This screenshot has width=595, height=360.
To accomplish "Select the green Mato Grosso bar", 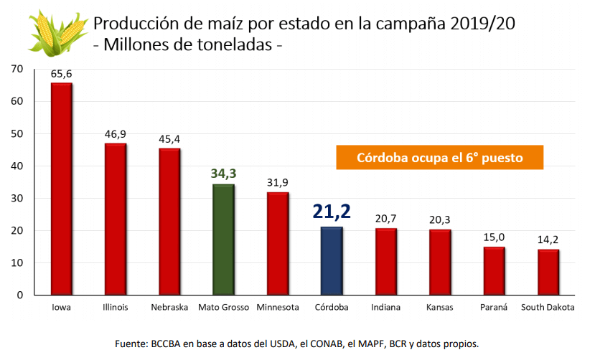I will [223, 240].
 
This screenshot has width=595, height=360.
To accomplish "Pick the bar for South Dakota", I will [548, 272].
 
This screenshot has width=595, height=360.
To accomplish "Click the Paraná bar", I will [495, 270].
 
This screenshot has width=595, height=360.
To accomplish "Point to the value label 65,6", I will [61, 74].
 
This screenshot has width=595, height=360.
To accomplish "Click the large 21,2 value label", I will [332, 212].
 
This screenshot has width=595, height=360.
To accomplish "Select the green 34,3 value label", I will [223, 174].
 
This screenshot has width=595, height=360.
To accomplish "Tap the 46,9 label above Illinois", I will [116, 134].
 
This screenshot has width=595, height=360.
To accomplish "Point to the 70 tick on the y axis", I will [19, 69].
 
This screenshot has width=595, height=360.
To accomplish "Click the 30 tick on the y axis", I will [19, 199].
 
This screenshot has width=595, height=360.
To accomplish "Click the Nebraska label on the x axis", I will [169, 308].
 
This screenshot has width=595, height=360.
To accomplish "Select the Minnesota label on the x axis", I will [278, 308].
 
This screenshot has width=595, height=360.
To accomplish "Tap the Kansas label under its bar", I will [440, 308].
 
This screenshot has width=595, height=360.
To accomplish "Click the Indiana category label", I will [386, 308].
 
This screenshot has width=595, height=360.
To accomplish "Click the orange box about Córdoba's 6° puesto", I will [439, 157].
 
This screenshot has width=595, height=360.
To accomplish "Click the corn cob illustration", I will [58, 32].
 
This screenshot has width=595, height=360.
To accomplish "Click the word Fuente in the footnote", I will [131, 344].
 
